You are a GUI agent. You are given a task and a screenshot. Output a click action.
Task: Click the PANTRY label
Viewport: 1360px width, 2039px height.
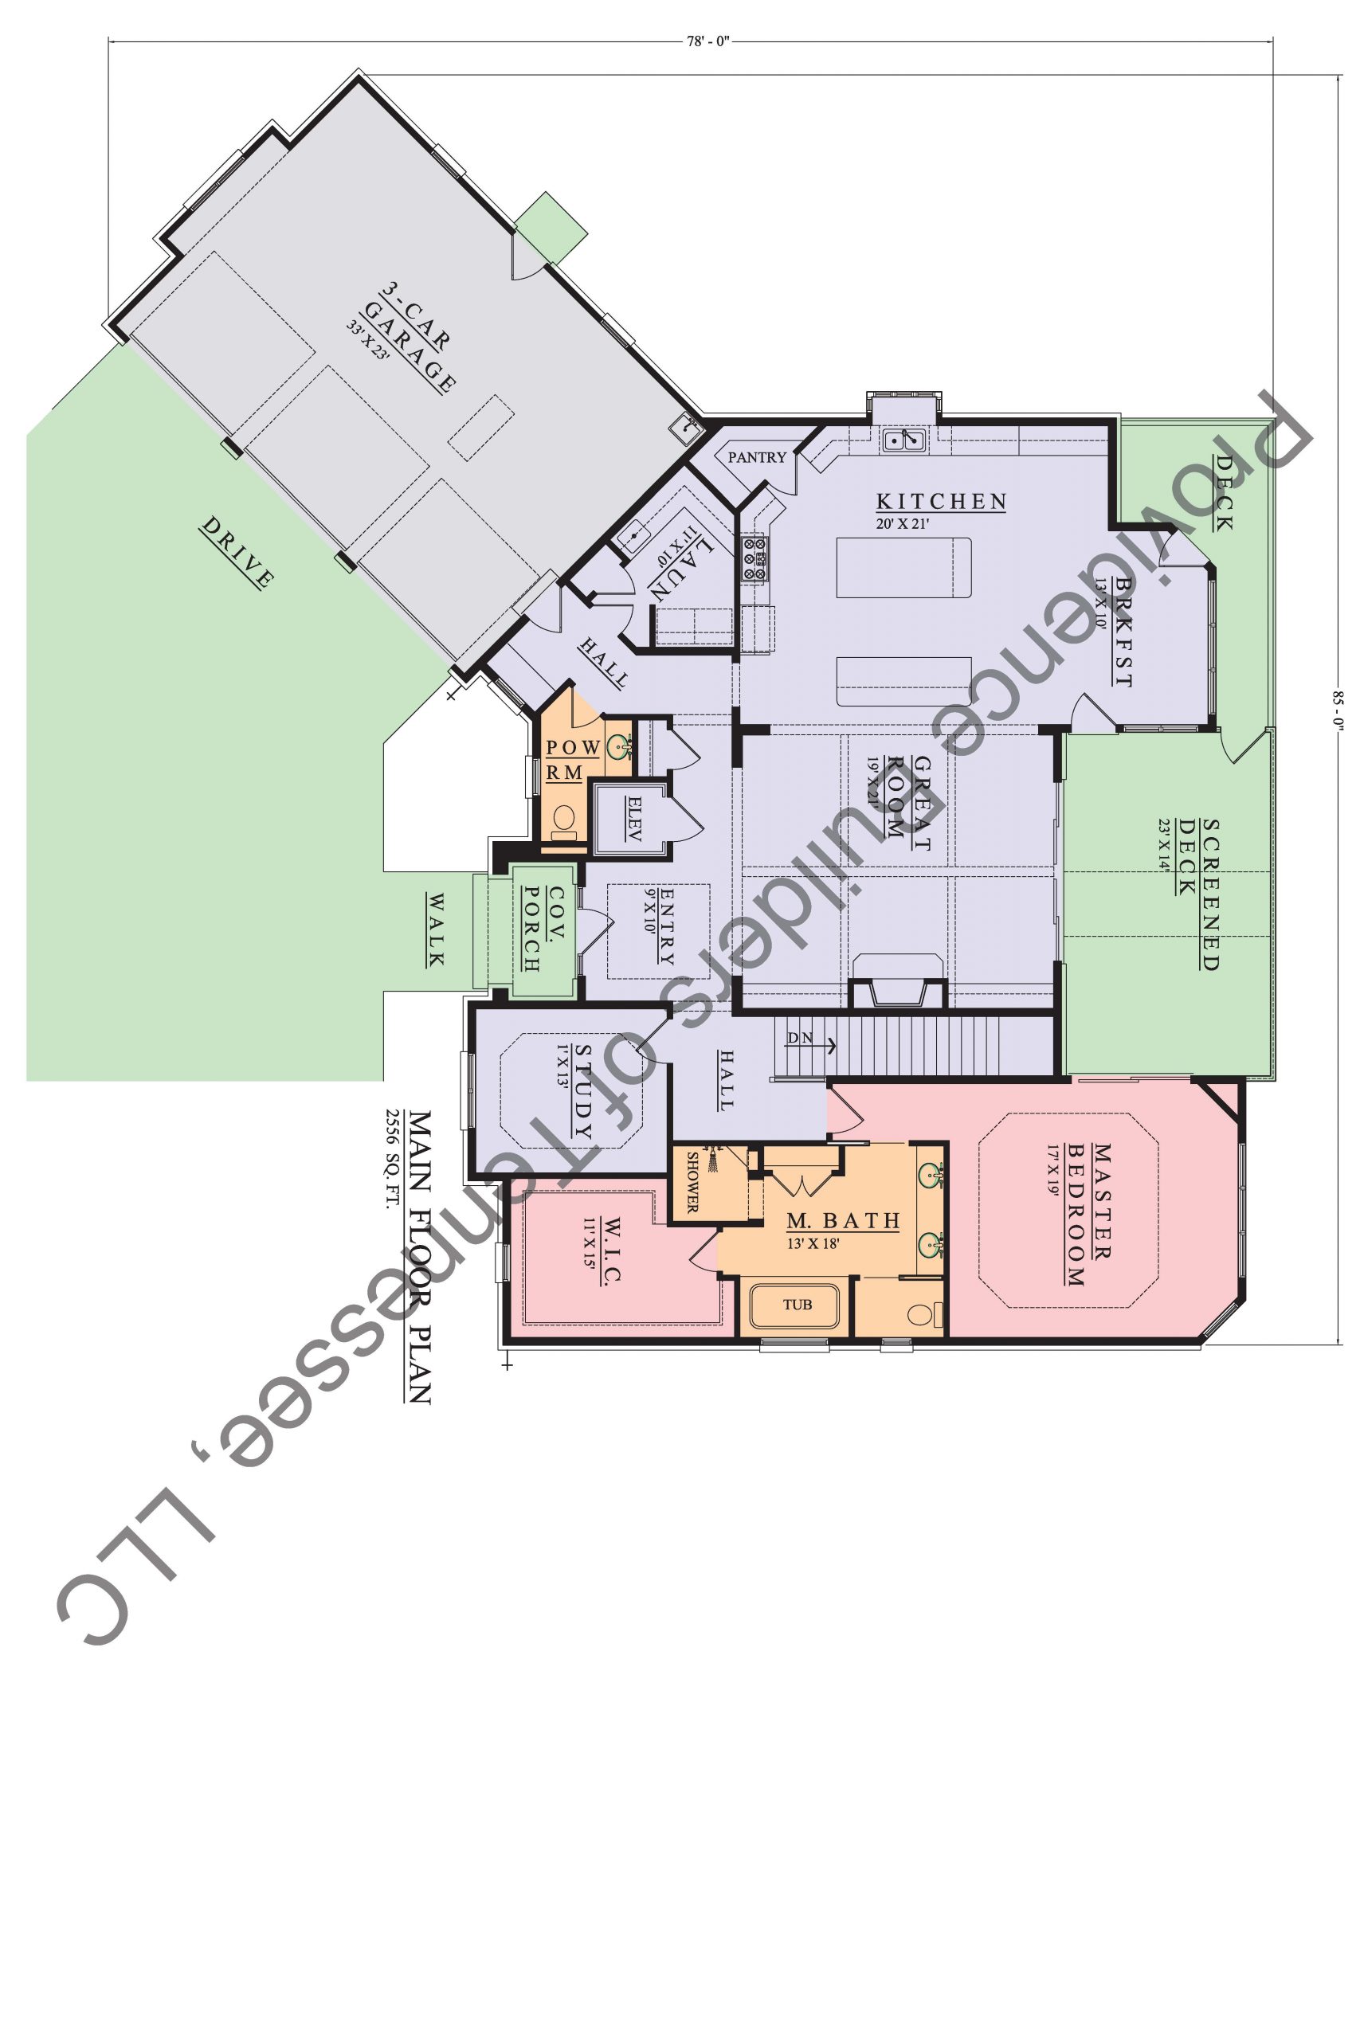click(x=756, y=457)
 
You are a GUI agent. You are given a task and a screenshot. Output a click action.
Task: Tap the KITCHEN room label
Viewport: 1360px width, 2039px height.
click(x=941, y=501)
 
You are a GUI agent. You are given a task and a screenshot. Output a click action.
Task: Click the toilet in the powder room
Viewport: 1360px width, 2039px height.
click(x=564, y=820)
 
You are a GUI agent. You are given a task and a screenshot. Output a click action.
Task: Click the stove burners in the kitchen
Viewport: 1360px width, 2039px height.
click(x=754, y=558)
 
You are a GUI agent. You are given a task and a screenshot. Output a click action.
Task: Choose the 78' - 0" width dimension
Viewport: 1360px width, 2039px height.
click(x=708, y=41)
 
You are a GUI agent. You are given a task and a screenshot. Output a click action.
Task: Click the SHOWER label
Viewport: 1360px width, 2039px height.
click(x=693, y=1182)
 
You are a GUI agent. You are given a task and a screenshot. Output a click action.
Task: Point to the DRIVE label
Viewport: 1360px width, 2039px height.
click(x=237, y=552)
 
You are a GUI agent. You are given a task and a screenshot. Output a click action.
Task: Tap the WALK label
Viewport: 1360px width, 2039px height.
click(x=436, y=930)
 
